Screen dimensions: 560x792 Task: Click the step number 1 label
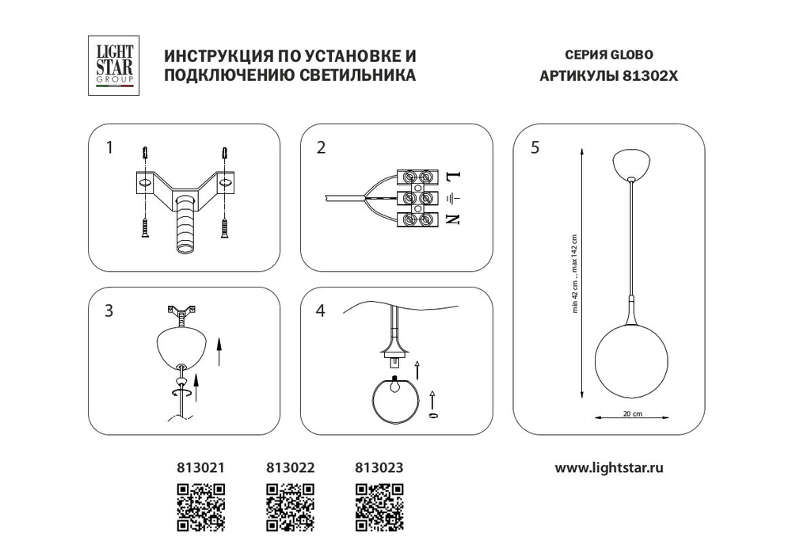[110, 147]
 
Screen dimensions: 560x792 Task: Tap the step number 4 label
[320, 310]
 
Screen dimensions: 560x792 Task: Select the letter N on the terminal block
[454, 219]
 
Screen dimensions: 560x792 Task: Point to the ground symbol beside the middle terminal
[453, 198]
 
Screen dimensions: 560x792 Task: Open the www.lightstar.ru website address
[609, 467]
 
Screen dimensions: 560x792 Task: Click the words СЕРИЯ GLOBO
[609, 56]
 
